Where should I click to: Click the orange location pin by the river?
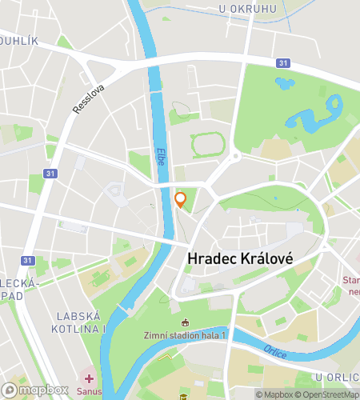[x=181, y=200]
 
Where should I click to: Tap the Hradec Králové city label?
[x=239, y=259]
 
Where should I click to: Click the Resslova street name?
[x=88, y=98]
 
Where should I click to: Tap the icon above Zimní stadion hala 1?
[x=186, y=322]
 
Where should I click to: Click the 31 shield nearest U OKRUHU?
[x=282, y=63]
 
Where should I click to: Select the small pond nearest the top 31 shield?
[x=285, y=82]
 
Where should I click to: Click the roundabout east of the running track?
[x=235, y=155]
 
